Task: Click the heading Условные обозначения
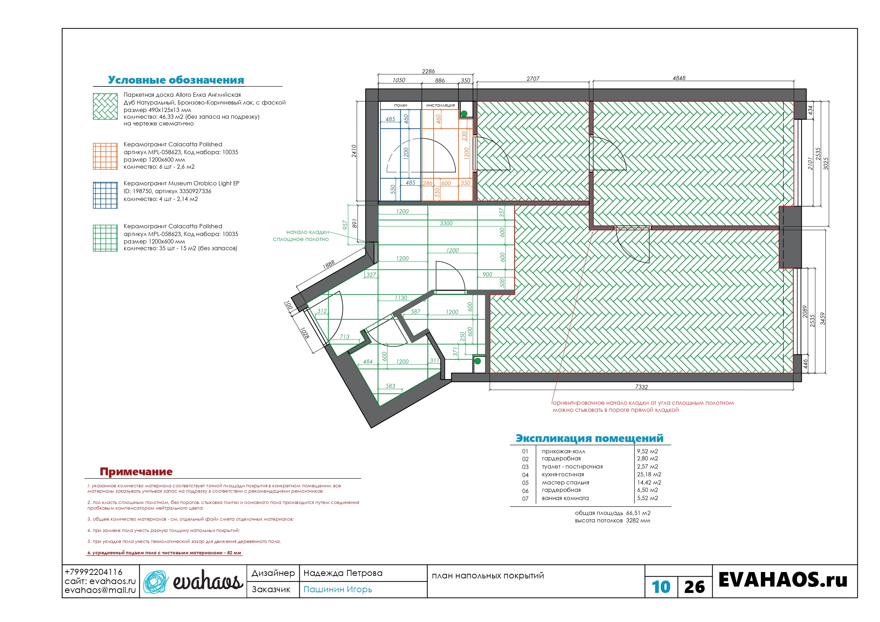(176, 80)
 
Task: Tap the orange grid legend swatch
(105, 156)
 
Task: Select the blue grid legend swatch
(105, 195)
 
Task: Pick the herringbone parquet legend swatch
(105, 107)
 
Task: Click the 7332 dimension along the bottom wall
(641, 387)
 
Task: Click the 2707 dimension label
(533, 79)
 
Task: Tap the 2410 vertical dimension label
(354, 151)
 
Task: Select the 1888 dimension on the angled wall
(328, 264)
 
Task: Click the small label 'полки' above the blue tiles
(401, 105)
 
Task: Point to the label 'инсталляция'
(440, 105)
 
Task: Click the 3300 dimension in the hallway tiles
(446, 223)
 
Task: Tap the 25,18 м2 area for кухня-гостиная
(649, 475)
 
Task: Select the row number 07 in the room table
(525, 499)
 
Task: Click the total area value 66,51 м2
(638, 513)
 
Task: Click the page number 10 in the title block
(661, 587)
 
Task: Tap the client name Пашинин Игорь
(338, 589)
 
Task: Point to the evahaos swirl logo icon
(156, 582)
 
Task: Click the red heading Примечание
(136, 471)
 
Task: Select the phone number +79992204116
(94, 572)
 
